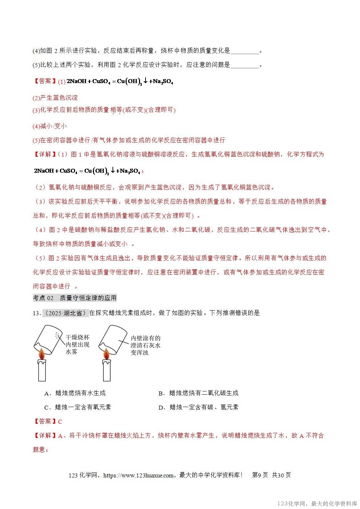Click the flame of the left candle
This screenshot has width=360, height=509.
[x=42, y=353]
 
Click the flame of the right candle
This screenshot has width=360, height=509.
[x=106, y=353]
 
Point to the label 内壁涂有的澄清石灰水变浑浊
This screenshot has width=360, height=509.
[x=145, y=345]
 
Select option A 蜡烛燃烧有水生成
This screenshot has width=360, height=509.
[x=75, y=393]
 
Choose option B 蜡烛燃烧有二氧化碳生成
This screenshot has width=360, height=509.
[x=199, y=393]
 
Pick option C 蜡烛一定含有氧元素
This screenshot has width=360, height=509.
[x=77, y=407]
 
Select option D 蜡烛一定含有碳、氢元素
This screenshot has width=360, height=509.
[x=199, y=407]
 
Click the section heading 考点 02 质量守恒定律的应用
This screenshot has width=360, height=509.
[x=75, y=298]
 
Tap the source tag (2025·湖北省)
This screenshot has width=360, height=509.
[x=65, y=313]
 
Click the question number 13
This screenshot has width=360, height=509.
[x=36, y=313]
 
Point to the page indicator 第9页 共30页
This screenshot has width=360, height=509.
[x=271, y=475]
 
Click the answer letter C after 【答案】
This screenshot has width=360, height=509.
[x=60, y=422]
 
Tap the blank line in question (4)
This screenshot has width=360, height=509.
[x=245, y=51]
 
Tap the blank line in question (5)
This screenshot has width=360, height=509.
[x=245, y=65]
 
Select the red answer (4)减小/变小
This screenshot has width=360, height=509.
[x=50, y=126]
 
